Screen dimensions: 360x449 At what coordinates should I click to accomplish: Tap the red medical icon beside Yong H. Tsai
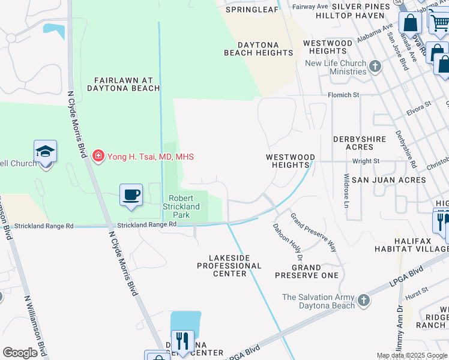pos(98,157)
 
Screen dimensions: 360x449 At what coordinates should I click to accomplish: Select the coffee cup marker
pos(131,194)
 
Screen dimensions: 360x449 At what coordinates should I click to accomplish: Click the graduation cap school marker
pos(45,151)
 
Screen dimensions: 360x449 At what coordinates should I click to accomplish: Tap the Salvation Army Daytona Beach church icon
pos(363,301)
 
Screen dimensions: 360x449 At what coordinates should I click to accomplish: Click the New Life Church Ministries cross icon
pos(376,66)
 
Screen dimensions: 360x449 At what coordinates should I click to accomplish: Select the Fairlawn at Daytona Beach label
pos(127,84)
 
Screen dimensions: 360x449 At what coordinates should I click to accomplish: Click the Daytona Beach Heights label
pos(259,49)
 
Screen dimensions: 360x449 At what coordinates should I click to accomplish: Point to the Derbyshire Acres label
pos(360,143)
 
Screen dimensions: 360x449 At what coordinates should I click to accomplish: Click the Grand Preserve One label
pos(307,271)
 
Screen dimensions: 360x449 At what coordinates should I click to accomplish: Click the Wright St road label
pos(366,161)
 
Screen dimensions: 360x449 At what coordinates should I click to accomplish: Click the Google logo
pos(20,353)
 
